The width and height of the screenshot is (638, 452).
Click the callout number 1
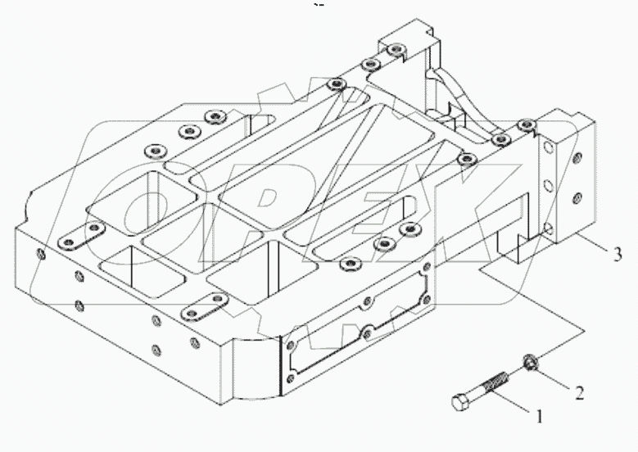[540, 416]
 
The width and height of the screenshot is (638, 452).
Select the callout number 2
[579, 392]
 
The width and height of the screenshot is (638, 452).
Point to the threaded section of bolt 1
[497, 381]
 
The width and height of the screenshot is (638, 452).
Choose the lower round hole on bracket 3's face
[579, 197]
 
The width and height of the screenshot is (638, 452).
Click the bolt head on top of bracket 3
[525, 125]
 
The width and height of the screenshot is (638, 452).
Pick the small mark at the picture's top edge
[319, 6]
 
